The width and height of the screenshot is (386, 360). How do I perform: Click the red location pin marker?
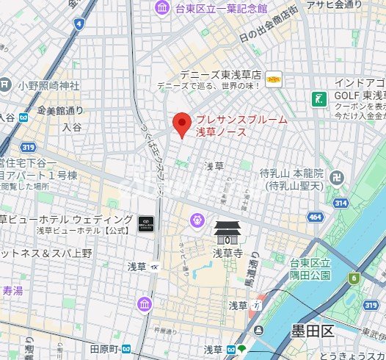181,124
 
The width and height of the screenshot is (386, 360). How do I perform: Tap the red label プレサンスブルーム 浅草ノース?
240,126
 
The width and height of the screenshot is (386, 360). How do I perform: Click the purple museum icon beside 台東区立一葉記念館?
161,8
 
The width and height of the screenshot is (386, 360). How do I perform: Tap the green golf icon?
319,98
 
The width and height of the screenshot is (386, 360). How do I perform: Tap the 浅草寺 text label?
227,253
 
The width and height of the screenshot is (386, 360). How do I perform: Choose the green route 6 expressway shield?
354,278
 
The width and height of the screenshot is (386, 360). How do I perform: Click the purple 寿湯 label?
12,290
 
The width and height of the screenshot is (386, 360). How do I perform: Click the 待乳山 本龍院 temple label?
291,179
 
